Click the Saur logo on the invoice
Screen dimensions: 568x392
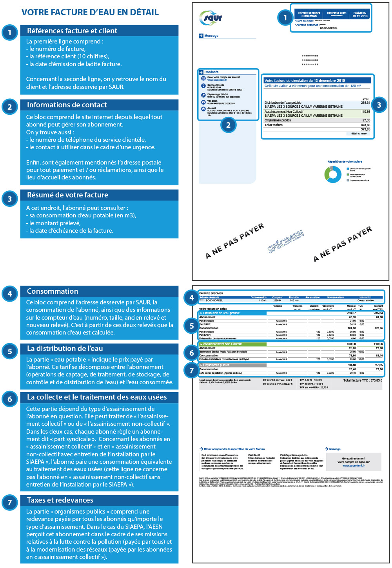211,17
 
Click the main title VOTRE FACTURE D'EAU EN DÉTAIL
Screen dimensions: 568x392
90,13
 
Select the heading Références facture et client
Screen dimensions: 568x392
72,31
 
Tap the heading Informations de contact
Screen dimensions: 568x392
67,105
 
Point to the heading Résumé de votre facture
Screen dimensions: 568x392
67,195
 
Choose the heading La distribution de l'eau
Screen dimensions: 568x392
65,349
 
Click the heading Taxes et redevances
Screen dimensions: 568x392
60,500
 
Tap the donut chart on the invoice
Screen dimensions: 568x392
333,174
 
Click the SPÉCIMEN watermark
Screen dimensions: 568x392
286,241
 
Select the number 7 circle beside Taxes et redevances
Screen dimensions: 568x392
10,503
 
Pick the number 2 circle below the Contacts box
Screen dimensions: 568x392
228,125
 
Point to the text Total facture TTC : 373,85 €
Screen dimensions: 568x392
363,380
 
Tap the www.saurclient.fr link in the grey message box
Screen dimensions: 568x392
354,466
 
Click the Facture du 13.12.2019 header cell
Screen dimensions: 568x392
360,14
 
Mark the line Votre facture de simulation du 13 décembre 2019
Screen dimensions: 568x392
305,81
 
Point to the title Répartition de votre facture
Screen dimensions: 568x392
345,161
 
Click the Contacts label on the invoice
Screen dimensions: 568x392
211,72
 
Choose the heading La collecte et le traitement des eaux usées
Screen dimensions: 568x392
97,397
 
